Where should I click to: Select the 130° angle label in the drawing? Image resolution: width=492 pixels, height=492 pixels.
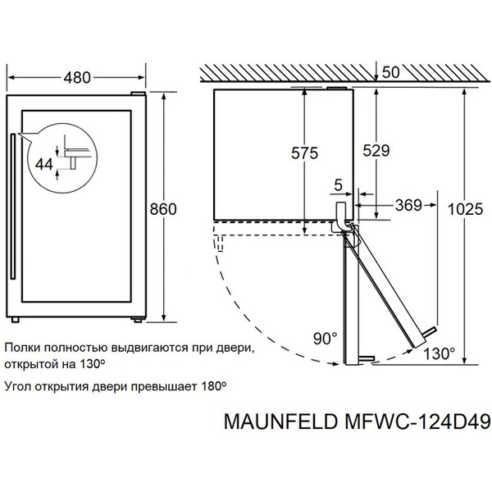[439, 354]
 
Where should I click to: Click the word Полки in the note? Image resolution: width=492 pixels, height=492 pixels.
[22, 348]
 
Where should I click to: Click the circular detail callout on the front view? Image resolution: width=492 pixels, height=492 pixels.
[60, 156]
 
